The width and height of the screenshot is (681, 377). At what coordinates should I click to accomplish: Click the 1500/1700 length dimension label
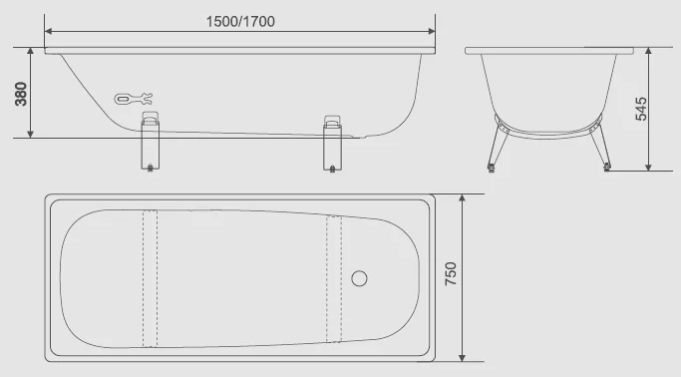pos(240,21)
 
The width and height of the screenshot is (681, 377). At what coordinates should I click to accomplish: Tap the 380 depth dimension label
pos(21,94)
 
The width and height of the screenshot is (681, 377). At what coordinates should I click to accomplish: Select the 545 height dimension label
pos(641,109)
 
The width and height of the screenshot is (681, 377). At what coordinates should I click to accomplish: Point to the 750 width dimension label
pos(452,273)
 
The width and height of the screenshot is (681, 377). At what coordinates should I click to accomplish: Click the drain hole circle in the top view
pos(359,278)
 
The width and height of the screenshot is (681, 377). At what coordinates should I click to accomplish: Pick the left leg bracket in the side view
pos(151,142)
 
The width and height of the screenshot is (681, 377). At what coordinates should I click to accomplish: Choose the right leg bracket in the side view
pos(332,143)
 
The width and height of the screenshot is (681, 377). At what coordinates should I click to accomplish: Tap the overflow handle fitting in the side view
pos(133,99)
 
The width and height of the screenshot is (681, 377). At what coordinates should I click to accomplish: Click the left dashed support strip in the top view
pos(151,278)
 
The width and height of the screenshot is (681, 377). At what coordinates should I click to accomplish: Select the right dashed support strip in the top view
pos(334,278)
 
